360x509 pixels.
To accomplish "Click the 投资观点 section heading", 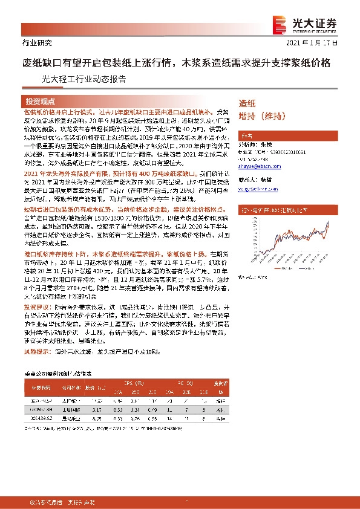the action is click(40, 101).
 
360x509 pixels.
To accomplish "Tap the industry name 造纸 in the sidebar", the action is click(247, 103).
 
